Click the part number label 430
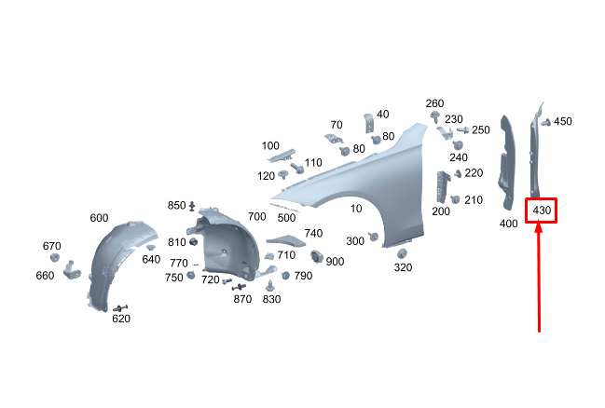(542, 211)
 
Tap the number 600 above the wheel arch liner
(99, 218)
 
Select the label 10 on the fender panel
(356, 209)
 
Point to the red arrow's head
(539, 227)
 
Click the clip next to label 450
(545, 123)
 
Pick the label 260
(434, 103)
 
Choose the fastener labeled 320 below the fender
(402, 253)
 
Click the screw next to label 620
(120, 308)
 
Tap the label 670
(51, 246)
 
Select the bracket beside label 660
(72, 270)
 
